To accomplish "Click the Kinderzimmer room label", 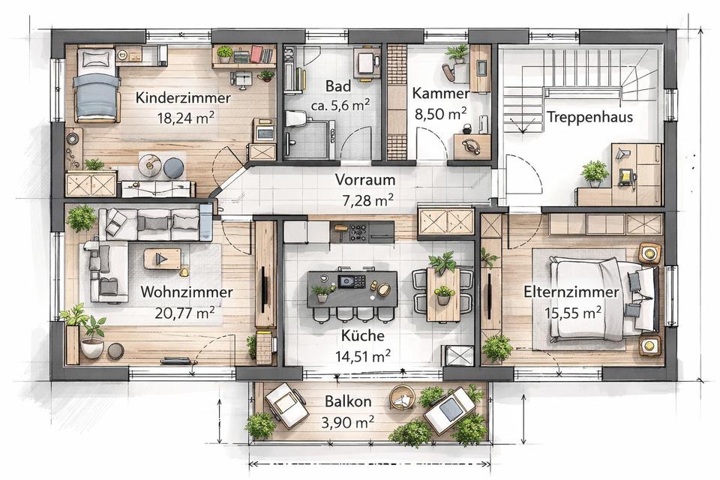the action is [x=183, y=97].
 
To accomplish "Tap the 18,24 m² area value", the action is [x=185, y=118].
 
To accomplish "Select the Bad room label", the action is [x=338, y=86].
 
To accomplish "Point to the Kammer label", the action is [x=440, y=93].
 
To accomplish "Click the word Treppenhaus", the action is [x=589, y=117].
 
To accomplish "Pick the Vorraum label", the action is [x=365, y=179].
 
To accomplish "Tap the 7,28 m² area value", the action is [x=367, y=200].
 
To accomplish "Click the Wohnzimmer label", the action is [x=187, y=292].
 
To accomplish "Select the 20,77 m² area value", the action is [x=184, y=313].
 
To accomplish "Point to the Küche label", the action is [x=363, y=334].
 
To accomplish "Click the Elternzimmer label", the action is [x=571, y=292].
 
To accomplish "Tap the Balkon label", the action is [x=347, y=401].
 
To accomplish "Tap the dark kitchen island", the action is [x=352, y=289].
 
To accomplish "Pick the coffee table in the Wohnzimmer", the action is [x=162, y=259].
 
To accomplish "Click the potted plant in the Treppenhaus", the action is [x=595, y=174].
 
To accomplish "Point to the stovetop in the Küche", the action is [x=358, y=232].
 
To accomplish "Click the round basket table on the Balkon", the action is [x=402, y=397].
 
